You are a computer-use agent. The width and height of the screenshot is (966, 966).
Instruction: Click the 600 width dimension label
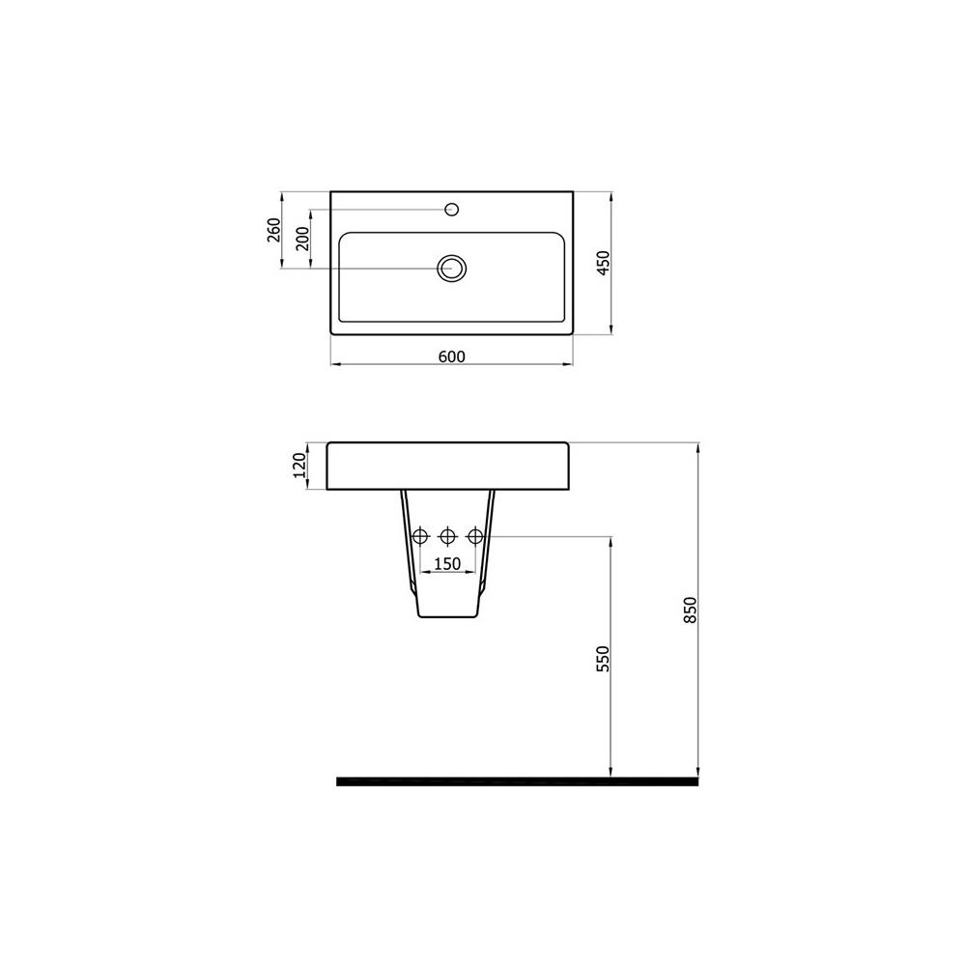pos(451,356)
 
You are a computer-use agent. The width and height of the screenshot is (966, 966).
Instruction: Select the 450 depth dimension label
pos(604,263)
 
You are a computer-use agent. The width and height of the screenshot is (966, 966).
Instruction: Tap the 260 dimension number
pos(274,230)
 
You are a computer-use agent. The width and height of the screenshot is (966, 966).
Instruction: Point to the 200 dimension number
pos(302,238)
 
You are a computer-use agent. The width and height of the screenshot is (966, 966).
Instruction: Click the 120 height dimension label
pos(299,466)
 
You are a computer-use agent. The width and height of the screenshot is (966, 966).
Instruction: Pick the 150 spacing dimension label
pos(447,564)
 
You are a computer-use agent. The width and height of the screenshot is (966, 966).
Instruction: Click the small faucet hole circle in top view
pos(451,210)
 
